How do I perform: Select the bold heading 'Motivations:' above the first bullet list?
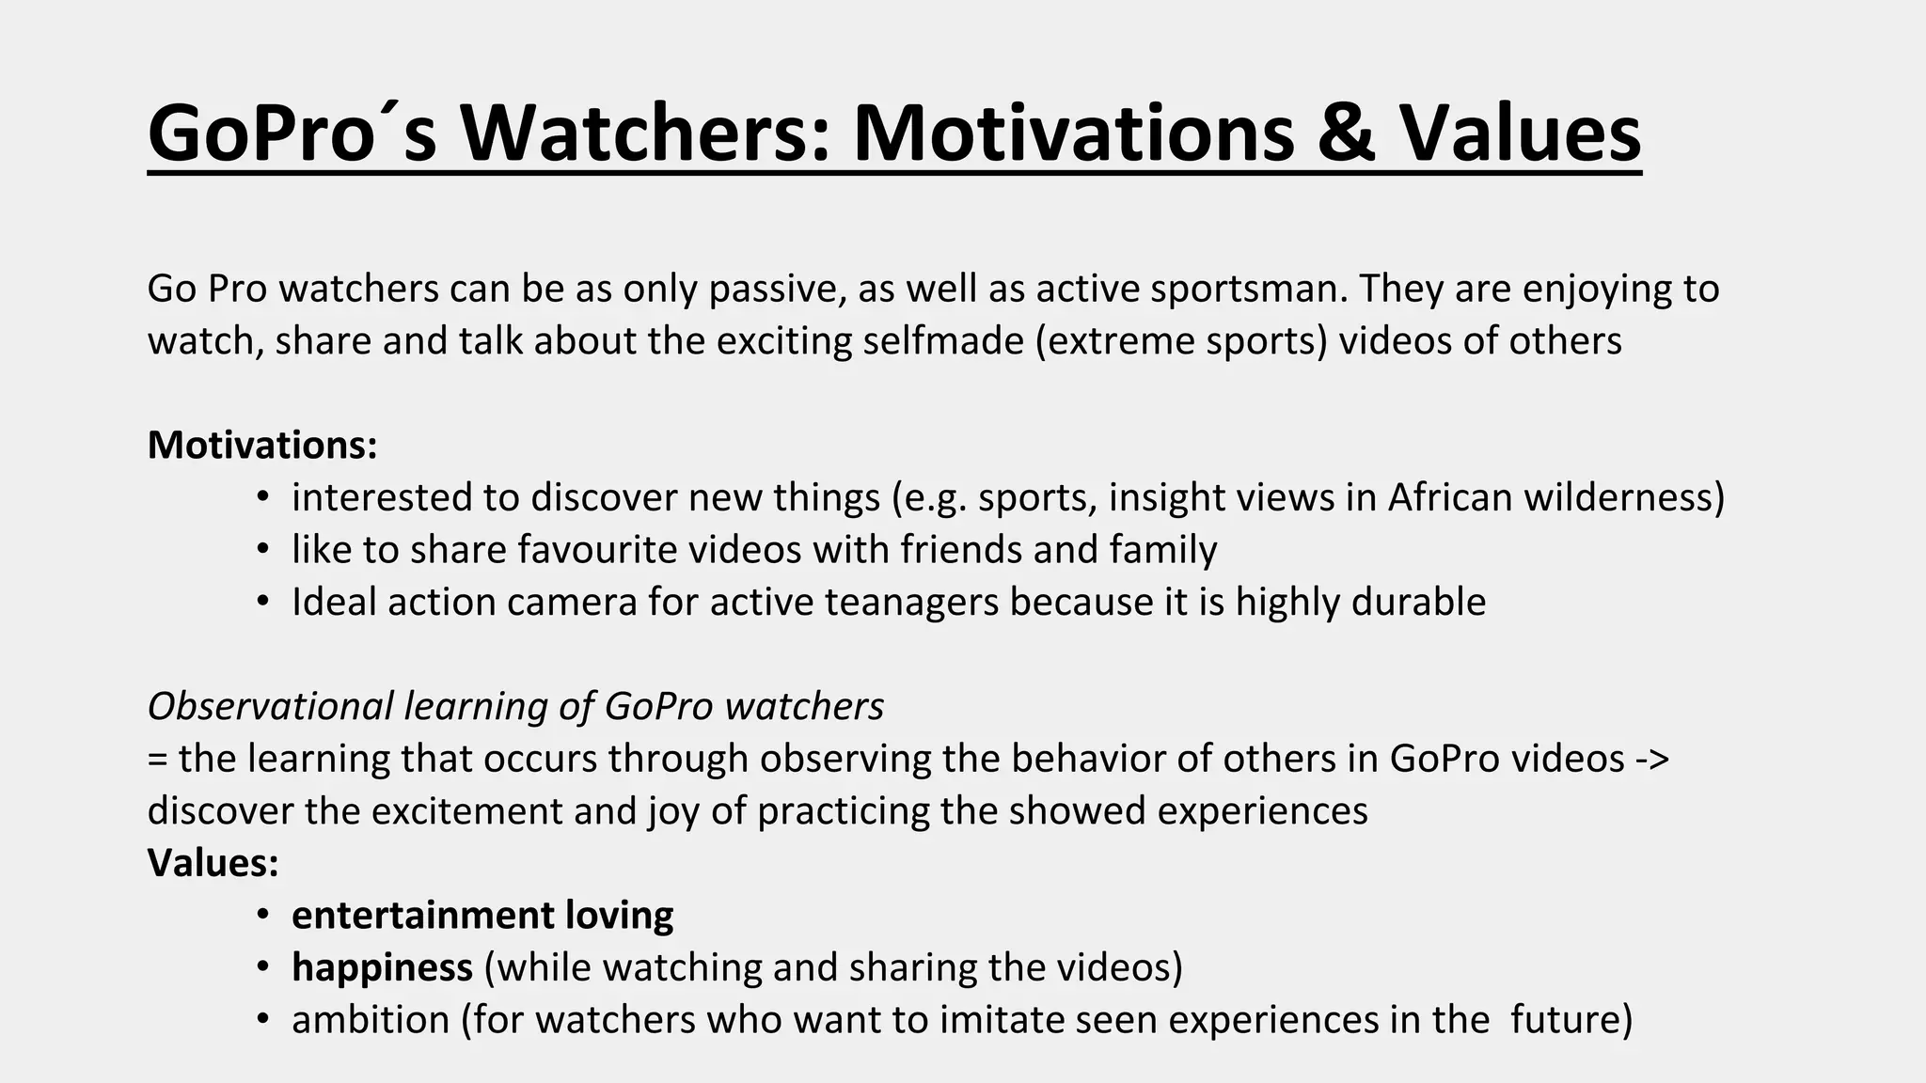pos(262,445)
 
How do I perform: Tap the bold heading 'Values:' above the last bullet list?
pos(213,863)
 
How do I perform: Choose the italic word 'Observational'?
pos(271,706)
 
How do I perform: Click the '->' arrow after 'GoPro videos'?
pos(1652,759)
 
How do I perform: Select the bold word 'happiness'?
pos(382,967)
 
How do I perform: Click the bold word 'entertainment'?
pos(423,916)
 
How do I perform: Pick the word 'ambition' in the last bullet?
pos(371,1020)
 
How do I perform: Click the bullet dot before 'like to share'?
pos(263,551)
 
